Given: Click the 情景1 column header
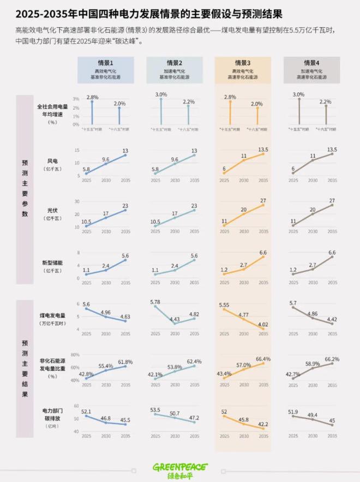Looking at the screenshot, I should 106,63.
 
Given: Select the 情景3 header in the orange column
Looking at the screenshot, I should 243,63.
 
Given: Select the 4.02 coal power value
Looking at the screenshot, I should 262,324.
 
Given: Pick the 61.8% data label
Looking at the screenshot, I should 125,361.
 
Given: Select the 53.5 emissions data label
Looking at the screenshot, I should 154,409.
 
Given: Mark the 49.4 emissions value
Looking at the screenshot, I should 312,415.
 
